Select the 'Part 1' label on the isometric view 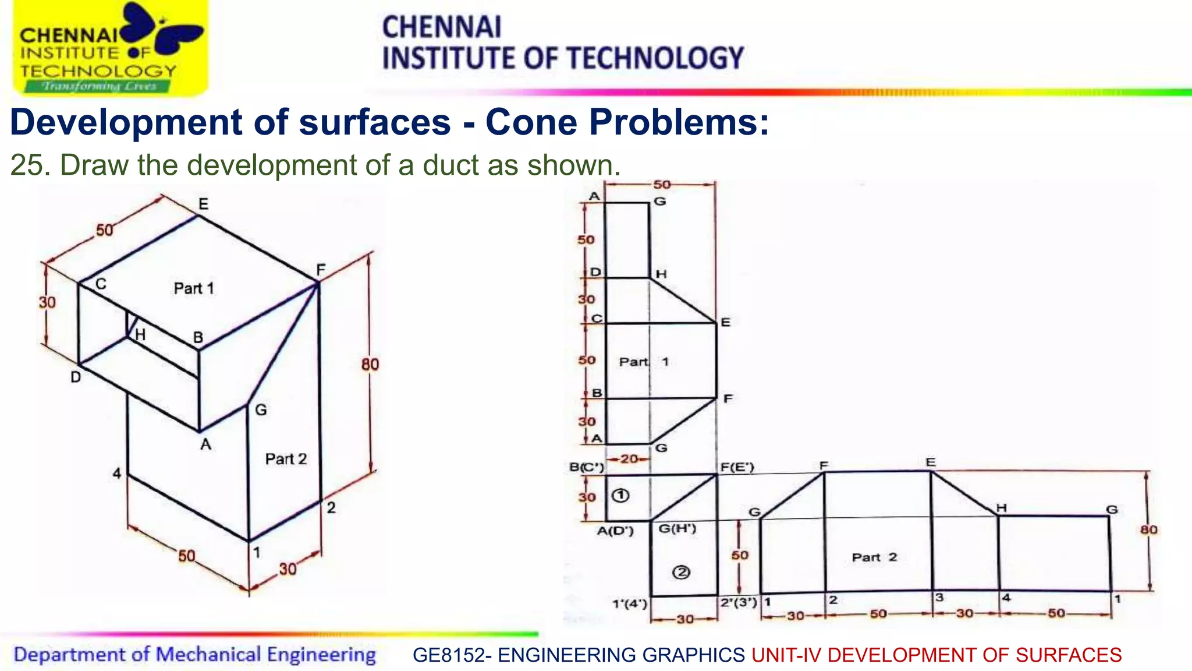(194, 288)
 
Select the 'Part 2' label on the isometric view (285, 459)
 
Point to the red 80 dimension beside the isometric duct (370, 365)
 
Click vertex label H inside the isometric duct (140, 335)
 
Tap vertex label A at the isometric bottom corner (205, 444)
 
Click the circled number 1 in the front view (621, 496)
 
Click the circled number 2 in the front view (681, 572)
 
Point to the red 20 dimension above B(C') (629, 459)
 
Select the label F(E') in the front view (737, 467)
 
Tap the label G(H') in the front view (677, 528)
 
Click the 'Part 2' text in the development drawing (874, 557)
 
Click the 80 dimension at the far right (1148, 529)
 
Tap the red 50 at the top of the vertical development (662, 185)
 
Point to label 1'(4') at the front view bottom (629, 604)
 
